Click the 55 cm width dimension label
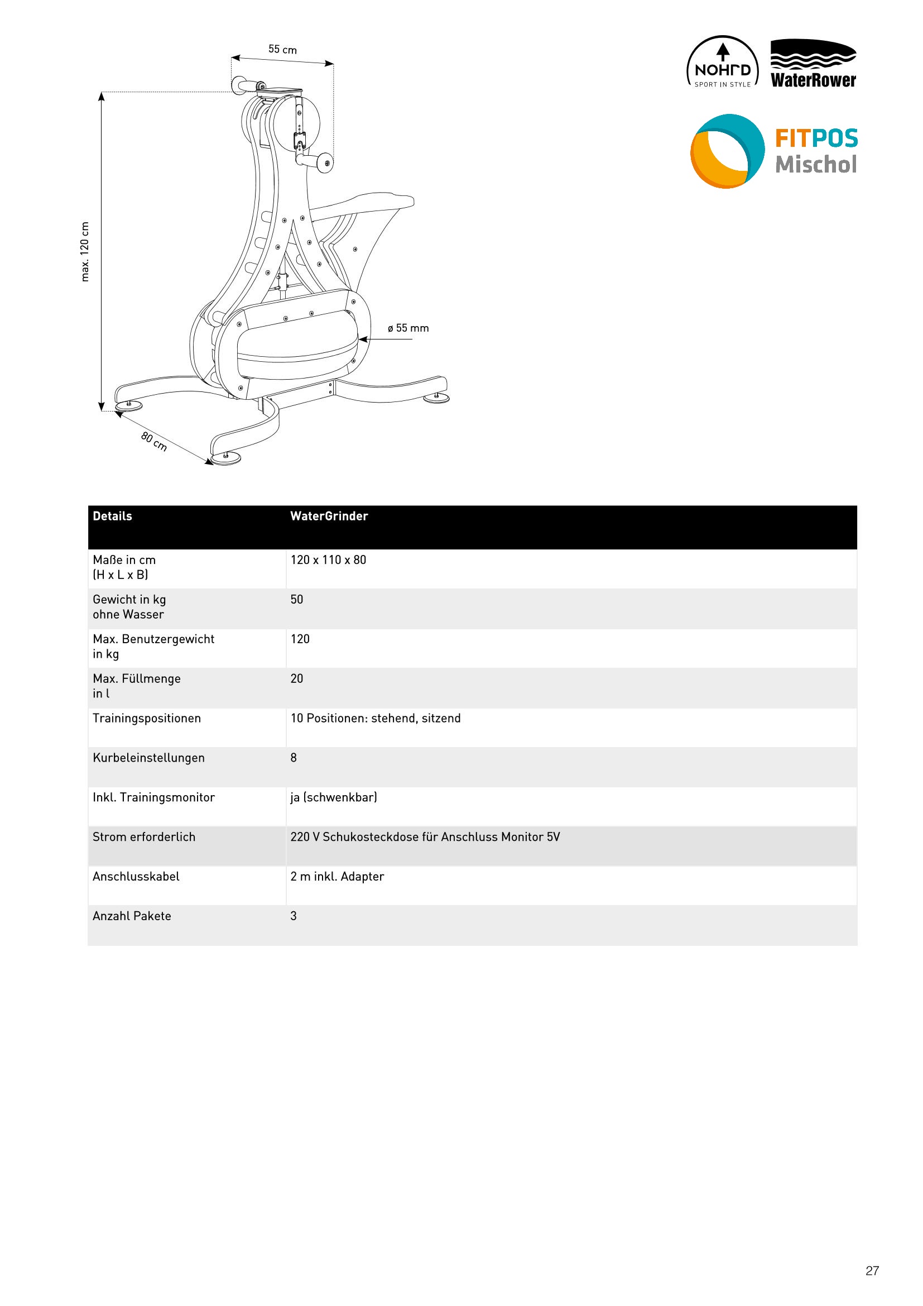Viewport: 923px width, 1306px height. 282,50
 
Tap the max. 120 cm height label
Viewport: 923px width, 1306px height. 85,251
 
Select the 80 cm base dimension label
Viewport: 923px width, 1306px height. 154,442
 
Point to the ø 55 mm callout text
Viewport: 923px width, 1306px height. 408,328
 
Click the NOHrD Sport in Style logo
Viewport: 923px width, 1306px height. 722,63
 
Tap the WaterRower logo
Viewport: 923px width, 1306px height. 813,64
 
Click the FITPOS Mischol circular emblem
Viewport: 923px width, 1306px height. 727,151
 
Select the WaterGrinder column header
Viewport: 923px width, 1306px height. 329,516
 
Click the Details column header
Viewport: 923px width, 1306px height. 113,516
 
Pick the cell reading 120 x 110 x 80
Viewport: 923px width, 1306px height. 329,559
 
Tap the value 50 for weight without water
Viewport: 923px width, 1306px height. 297,600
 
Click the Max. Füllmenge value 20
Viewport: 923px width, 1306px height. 297,678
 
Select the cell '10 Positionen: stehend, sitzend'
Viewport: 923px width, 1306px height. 375,718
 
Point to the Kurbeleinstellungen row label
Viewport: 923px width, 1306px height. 148,758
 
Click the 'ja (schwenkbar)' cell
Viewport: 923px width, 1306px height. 334,797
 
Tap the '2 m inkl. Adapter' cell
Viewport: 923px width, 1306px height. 337,876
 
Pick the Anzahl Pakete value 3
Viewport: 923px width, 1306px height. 294,916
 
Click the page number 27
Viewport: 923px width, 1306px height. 872,1270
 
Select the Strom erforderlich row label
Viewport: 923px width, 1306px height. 144,837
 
